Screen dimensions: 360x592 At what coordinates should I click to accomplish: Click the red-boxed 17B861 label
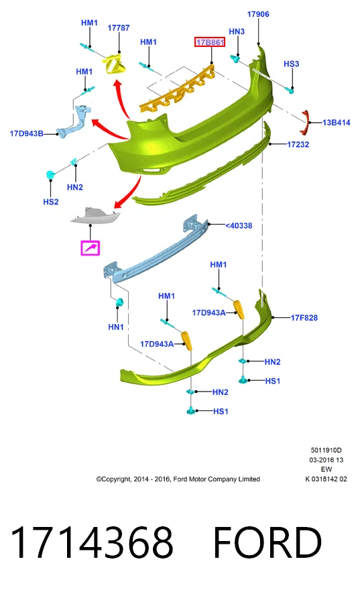coord(210,42)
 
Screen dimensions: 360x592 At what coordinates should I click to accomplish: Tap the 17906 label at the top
coord(258,14)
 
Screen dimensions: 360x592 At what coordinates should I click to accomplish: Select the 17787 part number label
coord(119,28)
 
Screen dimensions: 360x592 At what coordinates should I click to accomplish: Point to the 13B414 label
coord(337,122)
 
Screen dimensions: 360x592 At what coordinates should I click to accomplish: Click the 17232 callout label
coord(298,144)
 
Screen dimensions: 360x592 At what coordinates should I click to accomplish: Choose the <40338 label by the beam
coord(239,225)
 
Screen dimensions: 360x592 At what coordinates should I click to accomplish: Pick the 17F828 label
coord(304,318)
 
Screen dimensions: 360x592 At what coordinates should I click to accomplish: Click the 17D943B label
coord(26,133)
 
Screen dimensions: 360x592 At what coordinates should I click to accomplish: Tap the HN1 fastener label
coord(116,327)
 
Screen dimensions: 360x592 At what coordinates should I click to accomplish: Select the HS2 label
coord(51,202)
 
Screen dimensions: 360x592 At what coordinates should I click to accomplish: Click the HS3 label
coord(292,64)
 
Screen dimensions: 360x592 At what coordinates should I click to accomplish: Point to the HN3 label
coord(237,32)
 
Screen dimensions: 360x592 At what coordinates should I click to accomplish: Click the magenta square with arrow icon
coord(91,248)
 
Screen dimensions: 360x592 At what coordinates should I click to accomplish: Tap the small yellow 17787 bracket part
coord(115,64)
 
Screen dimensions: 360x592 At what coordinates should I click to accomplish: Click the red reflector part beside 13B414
coord(305,122)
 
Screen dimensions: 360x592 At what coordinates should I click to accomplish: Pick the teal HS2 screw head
coord(50,175)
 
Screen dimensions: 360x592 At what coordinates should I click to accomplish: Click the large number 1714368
coord(92,542)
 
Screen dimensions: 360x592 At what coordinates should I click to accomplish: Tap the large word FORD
coord(267,542)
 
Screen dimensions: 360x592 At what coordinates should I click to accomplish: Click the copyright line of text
coord(178,479)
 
